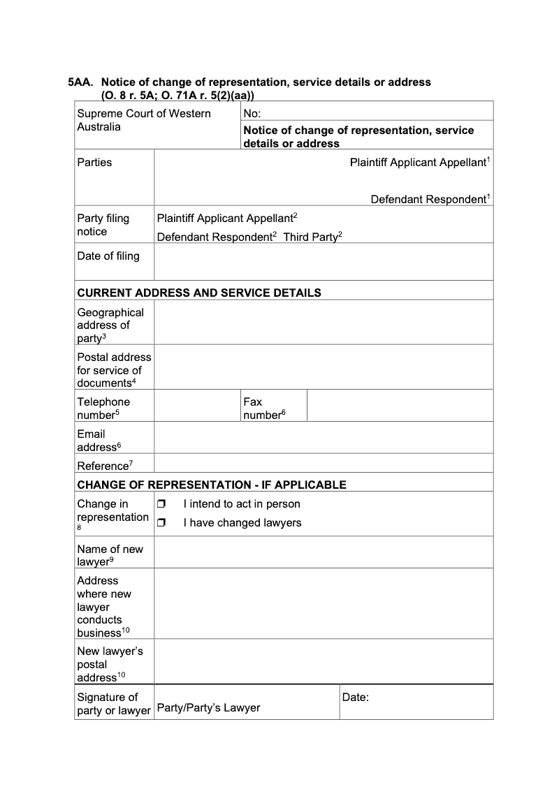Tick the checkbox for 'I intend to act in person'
pyautogui.click(x=161, y=504)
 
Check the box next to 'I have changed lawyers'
pyautogui.click(x=161, y=523)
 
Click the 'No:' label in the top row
pyautogui.click(x=252, y=113)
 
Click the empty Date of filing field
pyautogui.click(x=323, y=261)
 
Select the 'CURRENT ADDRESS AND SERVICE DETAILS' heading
pyautogui.click(x=199, y=293)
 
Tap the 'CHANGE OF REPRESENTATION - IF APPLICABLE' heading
pyautogui.click(x=212, y=485)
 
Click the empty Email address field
pyautogui.click(x=323, y=440)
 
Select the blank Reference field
pyautogui.click(x=323, y=464)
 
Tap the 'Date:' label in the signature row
pyautogui.click(x=356, y=697)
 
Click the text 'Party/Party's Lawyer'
pyautogui.click(x=208, y=708)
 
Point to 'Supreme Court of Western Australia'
pyautogui.click(x=143, y=120)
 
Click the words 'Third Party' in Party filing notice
pyautogui.click(x=311, y=237)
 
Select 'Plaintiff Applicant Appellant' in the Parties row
pyautogui.click(x=418, y=163)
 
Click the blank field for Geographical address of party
pyautogui.click(x=323, y=322)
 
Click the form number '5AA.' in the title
pyautogui.click(x=80, y=82)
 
